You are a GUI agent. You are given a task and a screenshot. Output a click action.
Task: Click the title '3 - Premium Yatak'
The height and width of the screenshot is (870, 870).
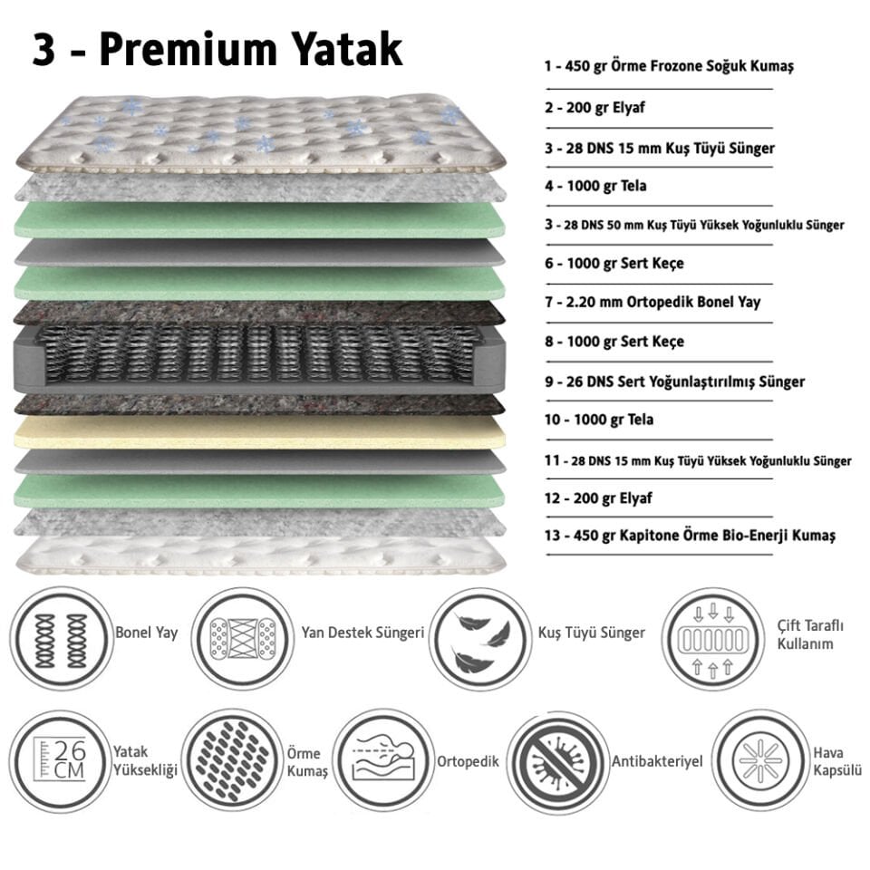coord(217,51)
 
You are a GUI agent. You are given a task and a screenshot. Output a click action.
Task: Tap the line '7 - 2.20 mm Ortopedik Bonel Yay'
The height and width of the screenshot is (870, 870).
coord(652,302)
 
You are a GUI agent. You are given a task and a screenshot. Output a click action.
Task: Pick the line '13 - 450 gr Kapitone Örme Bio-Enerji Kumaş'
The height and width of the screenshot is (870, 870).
coord(690,536)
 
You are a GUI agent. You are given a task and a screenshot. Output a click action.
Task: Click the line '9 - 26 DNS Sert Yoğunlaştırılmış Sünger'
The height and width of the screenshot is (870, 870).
coord(674,382)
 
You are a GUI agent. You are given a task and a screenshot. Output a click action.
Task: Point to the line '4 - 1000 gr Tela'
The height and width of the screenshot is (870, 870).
coord(595,186)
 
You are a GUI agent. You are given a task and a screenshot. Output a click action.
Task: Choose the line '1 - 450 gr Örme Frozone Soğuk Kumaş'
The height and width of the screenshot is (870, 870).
coord(669,67)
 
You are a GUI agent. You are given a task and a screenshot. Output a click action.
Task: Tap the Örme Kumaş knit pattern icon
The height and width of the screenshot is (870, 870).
coord(232,759)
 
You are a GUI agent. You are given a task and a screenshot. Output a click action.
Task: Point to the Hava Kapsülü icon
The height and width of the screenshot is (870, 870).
coord(760,759)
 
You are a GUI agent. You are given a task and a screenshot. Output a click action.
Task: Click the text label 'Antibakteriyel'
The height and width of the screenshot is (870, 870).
coord(657,762)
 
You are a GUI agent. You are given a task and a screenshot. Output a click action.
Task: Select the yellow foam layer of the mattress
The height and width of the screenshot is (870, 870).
coord(259,433)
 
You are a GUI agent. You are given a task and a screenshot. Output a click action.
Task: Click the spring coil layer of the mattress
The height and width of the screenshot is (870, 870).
coord(259,353)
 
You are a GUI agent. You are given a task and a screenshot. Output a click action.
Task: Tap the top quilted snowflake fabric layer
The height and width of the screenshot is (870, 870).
coord(259,131)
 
